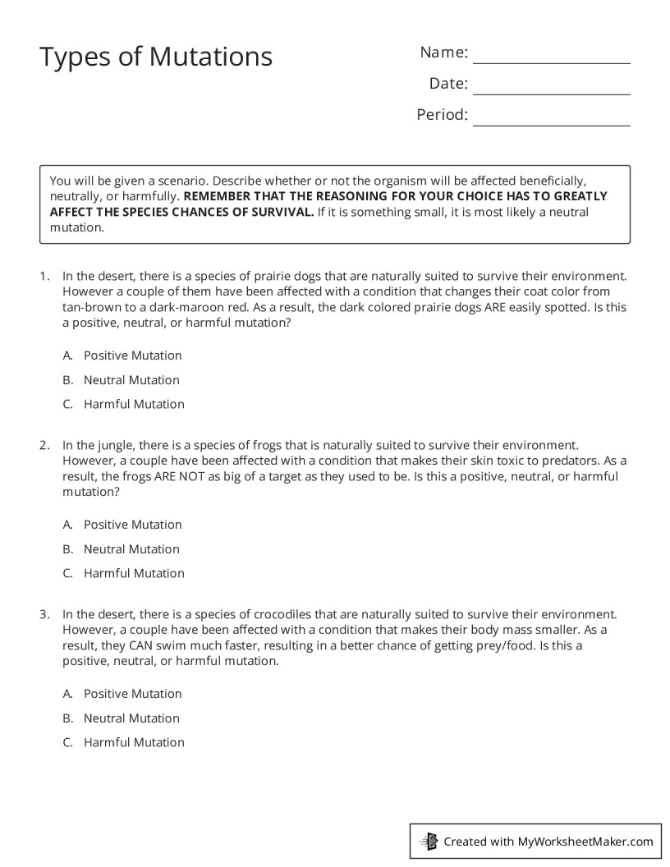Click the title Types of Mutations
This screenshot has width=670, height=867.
point(156,57)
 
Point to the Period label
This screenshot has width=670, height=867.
point(442,115)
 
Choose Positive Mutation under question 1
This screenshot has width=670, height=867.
point(132,356)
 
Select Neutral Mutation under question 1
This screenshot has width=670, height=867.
point(131,380)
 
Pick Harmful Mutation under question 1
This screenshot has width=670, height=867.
point(134,404)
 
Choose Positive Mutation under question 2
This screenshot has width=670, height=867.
point(132,525)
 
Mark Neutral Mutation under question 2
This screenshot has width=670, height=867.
point(131,549)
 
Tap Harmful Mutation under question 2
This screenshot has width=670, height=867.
point(134,573)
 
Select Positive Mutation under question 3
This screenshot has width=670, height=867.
point(132,694)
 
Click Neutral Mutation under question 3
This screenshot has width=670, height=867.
point(131,718)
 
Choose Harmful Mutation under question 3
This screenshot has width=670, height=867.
point(134,742)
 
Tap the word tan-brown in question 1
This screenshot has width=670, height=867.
point(89,307)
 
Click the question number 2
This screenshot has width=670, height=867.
point(44,444)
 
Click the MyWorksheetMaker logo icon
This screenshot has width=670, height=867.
point(429,841)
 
